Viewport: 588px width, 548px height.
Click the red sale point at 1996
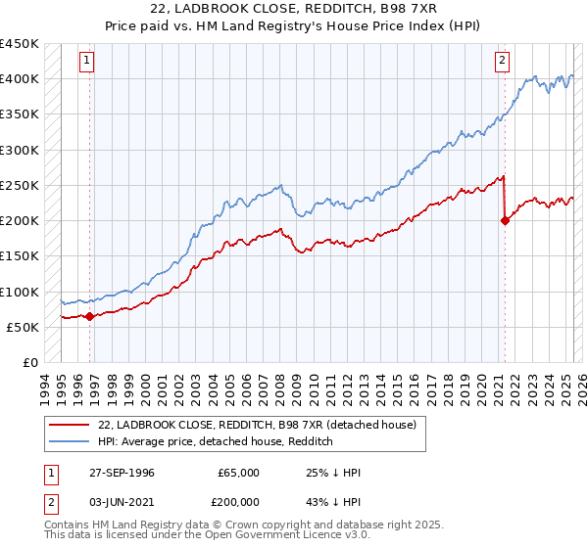pyautogui.click(x=89, y=316)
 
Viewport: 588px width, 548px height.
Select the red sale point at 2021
pyautogui.click(x=506, y=220)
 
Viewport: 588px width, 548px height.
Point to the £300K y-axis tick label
pyautogui.click(x=20, y=150)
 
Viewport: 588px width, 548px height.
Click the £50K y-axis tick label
pyautogui.click(x=24, y=327)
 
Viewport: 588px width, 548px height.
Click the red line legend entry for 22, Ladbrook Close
pyautogui.click(x=258, y=425)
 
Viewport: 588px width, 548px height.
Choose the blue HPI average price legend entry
pyautogui.click(x=216, y=441)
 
